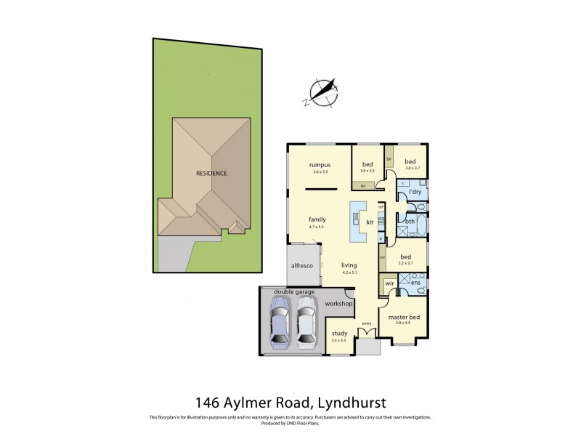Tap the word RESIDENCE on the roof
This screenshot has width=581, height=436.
click(x=211, y=174)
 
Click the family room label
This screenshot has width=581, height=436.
click(x=316, y=219)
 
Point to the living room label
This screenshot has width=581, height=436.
click(x=350, y=266)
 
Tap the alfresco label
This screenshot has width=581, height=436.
click(x=301, y=266)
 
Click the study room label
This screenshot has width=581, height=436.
click(x=339, y=334)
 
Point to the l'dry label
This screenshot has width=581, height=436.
click(x=415, y=192)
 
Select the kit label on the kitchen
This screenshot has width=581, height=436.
click(x=370, y=222)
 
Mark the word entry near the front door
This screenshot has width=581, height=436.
click(x=366, y=323)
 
